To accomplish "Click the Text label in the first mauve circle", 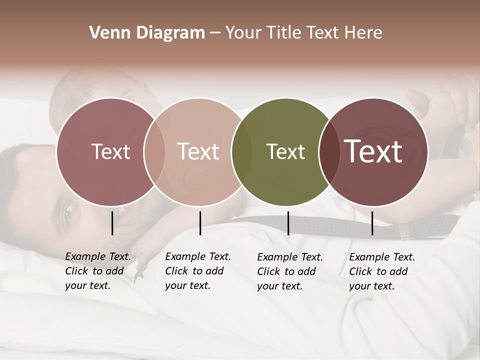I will [110, 151].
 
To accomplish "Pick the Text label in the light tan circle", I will [198, 151].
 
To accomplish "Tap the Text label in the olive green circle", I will [285, 151].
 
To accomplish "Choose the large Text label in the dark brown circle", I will [373, 151].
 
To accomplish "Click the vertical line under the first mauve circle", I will [112, 223].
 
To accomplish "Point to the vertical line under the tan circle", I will [200, 223].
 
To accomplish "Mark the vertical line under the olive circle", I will [288, 223].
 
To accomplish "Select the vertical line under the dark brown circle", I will [372, 223].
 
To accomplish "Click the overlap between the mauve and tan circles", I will [154, 151].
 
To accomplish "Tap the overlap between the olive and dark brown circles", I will [328, 151].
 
